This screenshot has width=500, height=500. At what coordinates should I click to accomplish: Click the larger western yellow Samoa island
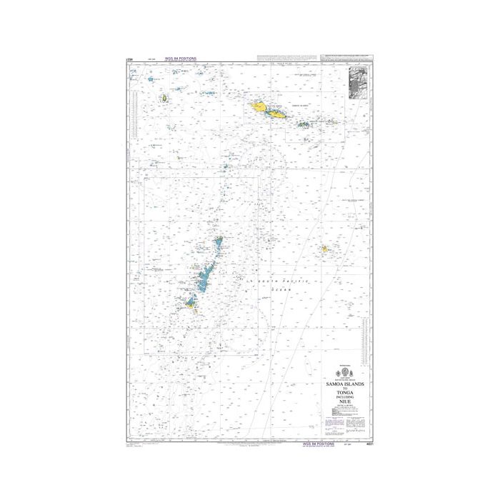[258, 108]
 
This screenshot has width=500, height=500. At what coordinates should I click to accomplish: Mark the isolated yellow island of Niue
[324, 249]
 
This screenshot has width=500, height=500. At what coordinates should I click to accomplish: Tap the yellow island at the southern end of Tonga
[190, 304]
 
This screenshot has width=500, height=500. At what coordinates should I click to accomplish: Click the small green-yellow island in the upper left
[164, 98]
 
